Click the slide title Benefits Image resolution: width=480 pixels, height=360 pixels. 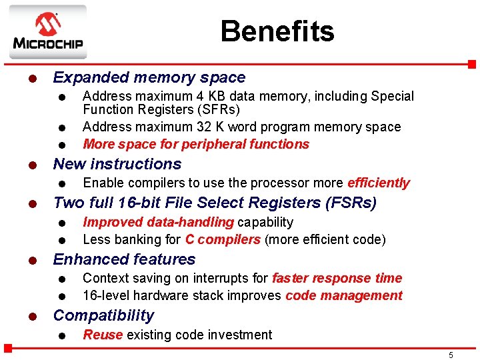click(x=277, y=31)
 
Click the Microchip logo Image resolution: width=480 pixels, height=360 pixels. click(x=47, y=32)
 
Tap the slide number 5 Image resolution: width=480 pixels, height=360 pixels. click(x=451, y=355)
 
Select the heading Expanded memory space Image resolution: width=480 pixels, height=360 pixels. click(x=149, y=78)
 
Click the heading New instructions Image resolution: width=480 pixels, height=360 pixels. click(x=117, y=164)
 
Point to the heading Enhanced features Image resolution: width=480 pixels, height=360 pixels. click(x=124, y=259)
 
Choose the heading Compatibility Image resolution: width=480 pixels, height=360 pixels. click(x=103, y=315)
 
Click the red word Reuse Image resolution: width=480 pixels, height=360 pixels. click(x=102, y=335)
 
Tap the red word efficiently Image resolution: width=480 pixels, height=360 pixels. click(x=379, y=183)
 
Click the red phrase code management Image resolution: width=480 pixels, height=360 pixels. click(x=344, y=295)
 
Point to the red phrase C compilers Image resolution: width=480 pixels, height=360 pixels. click(x=223, y=239)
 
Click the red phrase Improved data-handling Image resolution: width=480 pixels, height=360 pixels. click(x=158, y=222)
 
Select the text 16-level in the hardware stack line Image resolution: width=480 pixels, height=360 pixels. click(x=105, y=295)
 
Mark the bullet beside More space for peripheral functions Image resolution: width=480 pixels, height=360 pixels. click(x=61, y=145)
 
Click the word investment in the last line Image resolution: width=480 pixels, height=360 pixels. click(x=239, y=335)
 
